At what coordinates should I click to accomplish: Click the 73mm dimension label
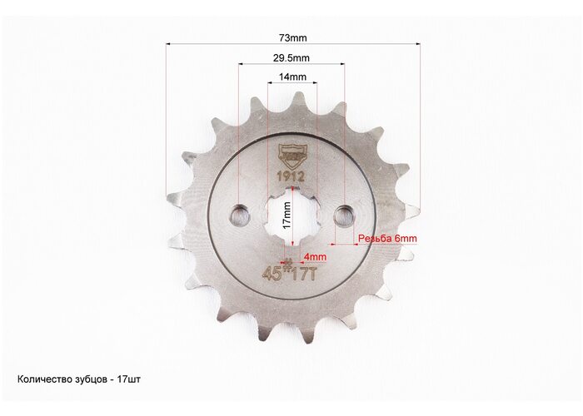[292, 38]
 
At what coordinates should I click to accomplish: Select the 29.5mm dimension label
[291, 58]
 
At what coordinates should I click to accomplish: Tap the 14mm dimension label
[292, 77]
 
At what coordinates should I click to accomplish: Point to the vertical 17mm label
[287, 215]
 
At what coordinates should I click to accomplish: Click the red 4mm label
[316, 256]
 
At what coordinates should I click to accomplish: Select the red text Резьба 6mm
[387, 239]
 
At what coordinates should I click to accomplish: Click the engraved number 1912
[291, 176]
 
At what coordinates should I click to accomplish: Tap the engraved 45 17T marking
[290, 274]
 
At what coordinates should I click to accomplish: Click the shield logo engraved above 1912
[291, 156]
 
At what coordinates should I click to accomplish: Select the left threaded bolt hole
[239, 215]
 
